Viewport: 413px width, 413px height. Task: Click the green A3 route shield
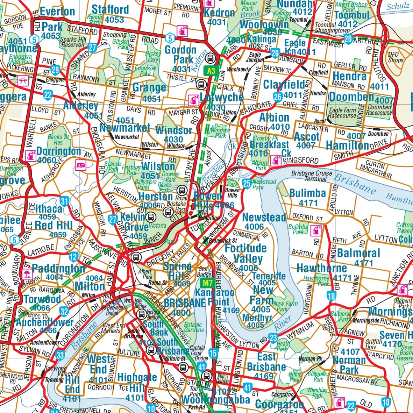point(211,71)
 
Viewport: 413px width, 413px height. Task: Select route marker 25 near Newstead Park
point(247,183)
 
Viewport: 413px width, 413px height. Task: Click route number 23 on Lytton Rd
point(273,338)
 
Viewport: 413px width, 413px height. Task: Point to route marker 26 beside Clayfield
point(278,97)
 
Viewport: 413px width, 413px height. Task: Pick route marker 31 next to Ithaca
point(64,201)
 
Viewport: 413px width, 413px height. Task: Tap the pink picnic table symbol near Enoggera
point(23,80)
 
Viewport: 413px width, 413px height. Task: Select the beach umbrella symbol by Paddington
point(27,273)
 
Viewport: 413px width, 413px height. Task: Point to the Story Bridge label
point(205,272)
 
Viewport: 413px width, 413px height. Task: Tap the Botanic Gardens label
point(193,327)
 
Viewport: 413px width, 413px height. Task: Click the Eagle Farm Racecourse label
point(343,113)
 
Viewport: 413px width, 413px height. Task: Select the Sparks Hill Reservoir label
point(73,42)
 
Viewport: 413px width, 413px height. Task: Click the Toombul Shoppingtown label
point(332,28)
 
